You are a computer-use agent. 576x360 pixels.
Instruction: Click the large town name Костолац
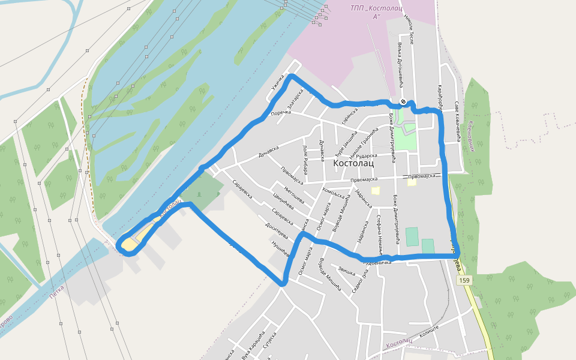(x=353, y=163)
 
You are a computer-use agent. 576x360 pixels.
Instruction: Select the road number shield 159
(x=464, y=280)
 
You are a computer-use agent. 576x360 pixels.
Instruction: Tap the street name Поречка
(x=281, y=113)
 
